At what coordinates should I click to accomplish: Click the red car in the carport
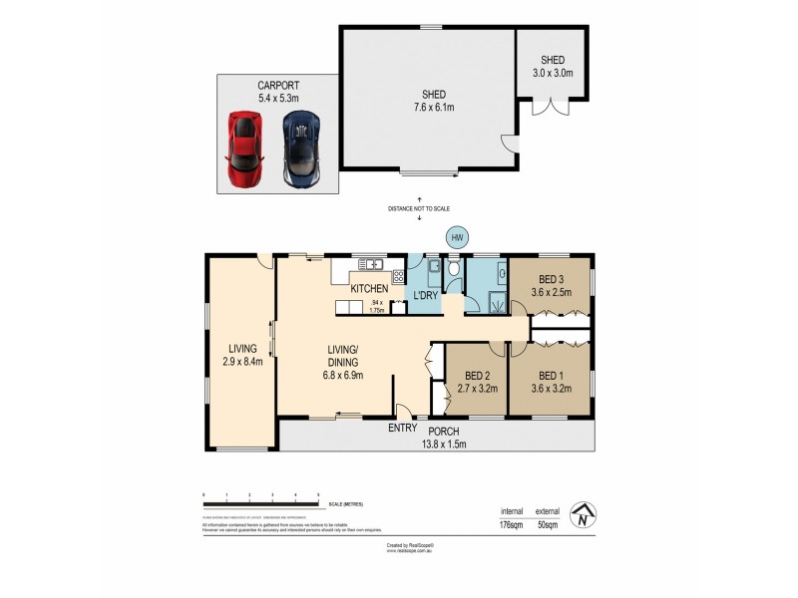(244, 148)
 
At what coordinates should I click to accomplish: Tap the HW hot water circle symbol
(457, 238)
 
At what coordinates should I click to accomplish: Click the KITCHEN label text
(368, 288)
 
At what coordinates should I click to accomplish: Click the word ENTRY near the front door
(403, 429)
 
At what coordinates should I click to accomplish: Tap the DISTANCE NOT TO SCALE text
(419, 208)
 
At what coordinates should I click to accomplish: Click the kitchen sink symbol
(370, 265)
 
